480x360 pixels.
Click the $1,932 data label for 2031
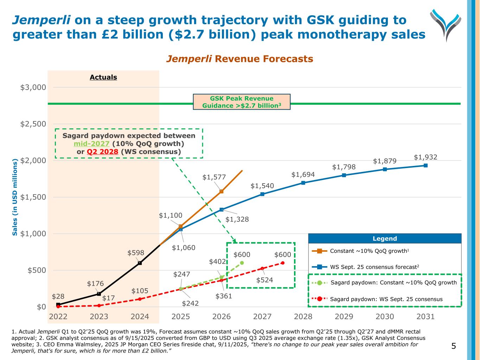[x=425, y=157]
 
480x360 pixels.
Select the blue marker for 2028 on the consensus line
[x=303, y=183]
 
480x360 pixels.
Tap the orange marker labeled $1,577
[x=221, y=191]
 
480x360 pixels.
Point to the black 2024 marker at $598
[x=140, y=263]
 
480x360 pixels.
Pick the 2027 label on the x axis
[x=262, y=316]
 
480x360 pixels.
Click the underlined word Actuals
[x=103, y=77]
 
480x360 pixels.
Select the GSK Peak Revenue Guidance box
[x=242, y=102]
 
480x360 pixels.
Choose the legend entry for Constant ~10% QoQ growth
[x=369, y=251]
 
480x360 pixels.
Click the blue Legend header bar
[x=385, y=239]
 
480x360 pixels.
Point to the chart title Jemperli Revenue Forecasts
[x=239, y=59]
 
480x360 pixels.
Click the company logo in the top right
[x=446, y=25]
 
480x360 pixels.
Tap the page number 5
[x=454, y=346]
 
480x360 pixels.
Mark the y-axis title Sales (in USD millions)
[x=15, y=197]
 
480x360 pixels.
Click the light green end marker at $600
[x=242, y=263]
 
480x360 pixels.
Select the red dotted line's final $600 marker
[x=283, y=263]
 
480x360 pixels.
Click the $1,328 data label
[x=237, y=219]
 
